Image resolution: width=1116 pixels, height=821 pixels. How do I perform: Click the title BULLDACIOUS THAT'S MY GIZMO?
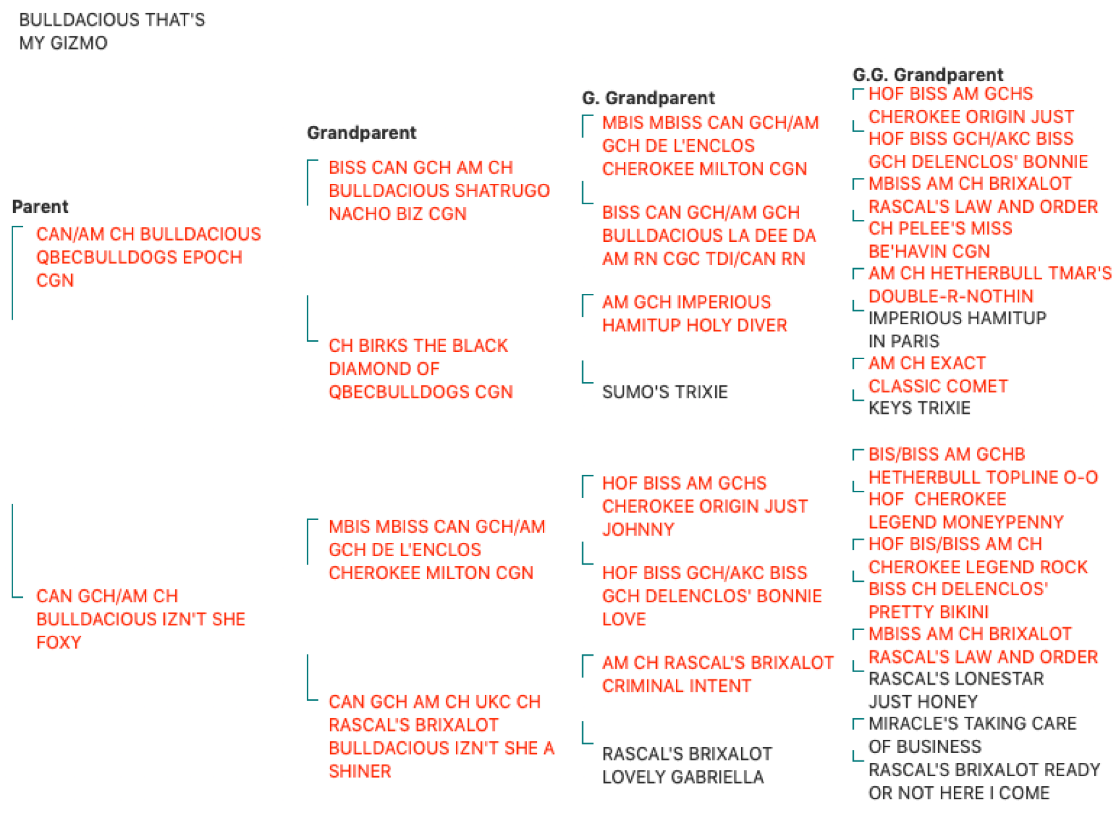tap(112, 32)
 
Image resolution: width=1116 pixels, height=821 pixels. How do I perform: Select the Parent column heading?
tap(40, 207)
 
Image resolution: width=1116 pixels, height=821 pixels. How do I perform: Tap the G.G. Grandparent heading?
tap(928, 74)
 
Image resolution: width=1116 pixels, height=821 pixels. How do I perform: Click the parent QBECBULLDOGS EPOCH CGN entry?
tap(148, 257)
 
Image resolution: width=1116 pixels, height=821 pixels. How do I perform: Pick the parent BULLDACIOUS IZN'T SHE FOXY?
tap(141, 619)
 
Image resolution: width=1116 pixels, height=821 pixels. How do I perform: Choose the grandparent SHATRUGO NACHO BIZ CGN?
tap(439, 191)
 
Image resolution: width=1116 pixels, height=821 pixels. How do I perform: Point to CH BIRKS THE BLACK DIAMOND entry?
tap(420, 368)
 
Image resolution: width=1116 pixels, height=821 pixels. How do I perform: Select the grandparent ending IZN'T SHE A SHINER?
tap(441, 736)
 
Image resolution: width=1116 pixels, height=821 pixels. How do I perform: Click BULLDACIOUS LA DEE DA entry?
tap(709, 236)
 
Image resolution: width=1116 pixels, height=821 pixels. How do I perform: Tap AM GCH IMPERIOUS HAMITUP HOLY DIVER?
tap(694, 314)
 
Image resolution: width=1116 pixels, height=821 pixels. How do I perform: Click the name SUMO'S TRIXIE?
tap(665, 392)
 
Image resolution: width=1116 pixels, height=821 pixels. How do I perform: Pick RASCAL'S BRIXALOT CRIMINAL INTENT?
tap(717, 675)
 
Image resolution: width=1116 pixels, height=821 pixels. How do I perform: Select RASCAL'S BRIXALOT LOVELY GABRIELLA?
tap(687, 766)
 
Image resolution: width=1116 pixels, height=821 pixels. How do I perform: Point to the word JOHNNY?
tap(638, 530)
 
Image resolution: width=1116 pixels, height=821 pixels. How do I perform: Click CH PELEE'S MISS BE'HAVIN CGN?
tap(940, 240)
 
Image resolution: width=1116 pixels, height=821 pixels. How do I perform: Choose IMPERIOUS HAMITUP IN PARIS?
tap(957, 330)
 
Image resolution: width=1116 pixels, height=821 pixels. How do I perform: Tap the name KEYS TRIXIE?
tap(919, 408)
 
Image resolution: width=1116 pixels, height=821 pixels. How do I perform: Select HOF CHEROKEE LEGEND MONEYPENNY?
tap(966, 511)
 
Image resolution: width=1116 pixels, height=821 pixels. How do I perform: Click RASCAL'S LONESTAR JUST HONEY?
tap(955, 691)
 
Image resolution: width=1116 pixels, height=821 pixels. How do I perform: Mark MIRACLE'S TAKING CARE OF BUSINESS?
tap(972, 735)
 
